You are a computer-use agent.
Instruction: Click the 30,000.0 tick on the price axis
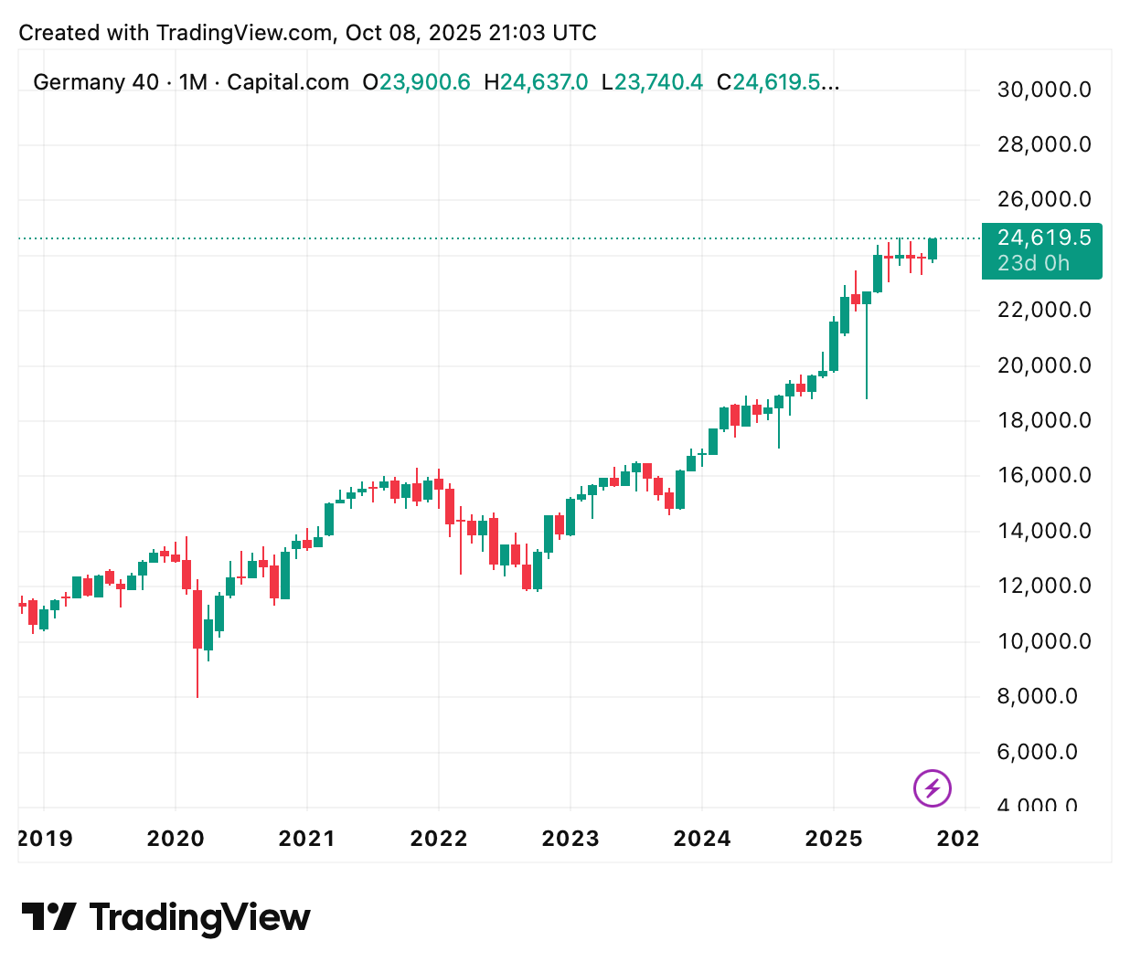1043,90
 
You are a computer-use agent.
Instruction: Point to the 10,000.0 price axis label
1043,641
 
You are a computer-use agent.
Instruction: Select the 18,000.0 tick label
1043,420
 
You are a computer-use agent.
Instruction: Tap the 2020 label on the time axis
176,839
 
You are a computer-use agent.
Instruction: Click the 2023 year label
570,839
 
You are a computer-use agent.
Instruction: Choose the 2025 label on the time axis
834,839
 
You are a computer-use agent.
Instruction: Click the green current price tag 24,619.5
1043,238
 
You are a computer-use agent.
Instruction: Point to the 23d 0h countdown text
1033,264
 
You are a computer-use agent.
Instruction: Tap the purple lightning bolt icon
933,787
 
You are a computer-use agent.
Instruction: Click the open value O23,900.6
416,82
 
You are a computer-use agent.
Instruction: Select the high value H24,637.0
536,82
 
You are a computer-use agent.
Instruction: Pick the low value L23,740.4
652,82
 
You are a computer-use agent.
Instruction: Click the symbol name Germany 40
96,82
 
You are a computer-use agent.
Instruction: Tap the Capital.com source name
288,82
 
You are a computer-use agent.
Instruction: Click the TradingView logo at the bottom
165,917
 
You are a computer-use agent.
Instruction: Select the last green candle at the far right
933,248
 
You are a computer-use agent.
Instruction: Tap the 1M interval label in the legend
193,82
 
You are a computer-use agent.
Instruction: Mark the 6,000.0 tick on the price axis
1043,752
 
